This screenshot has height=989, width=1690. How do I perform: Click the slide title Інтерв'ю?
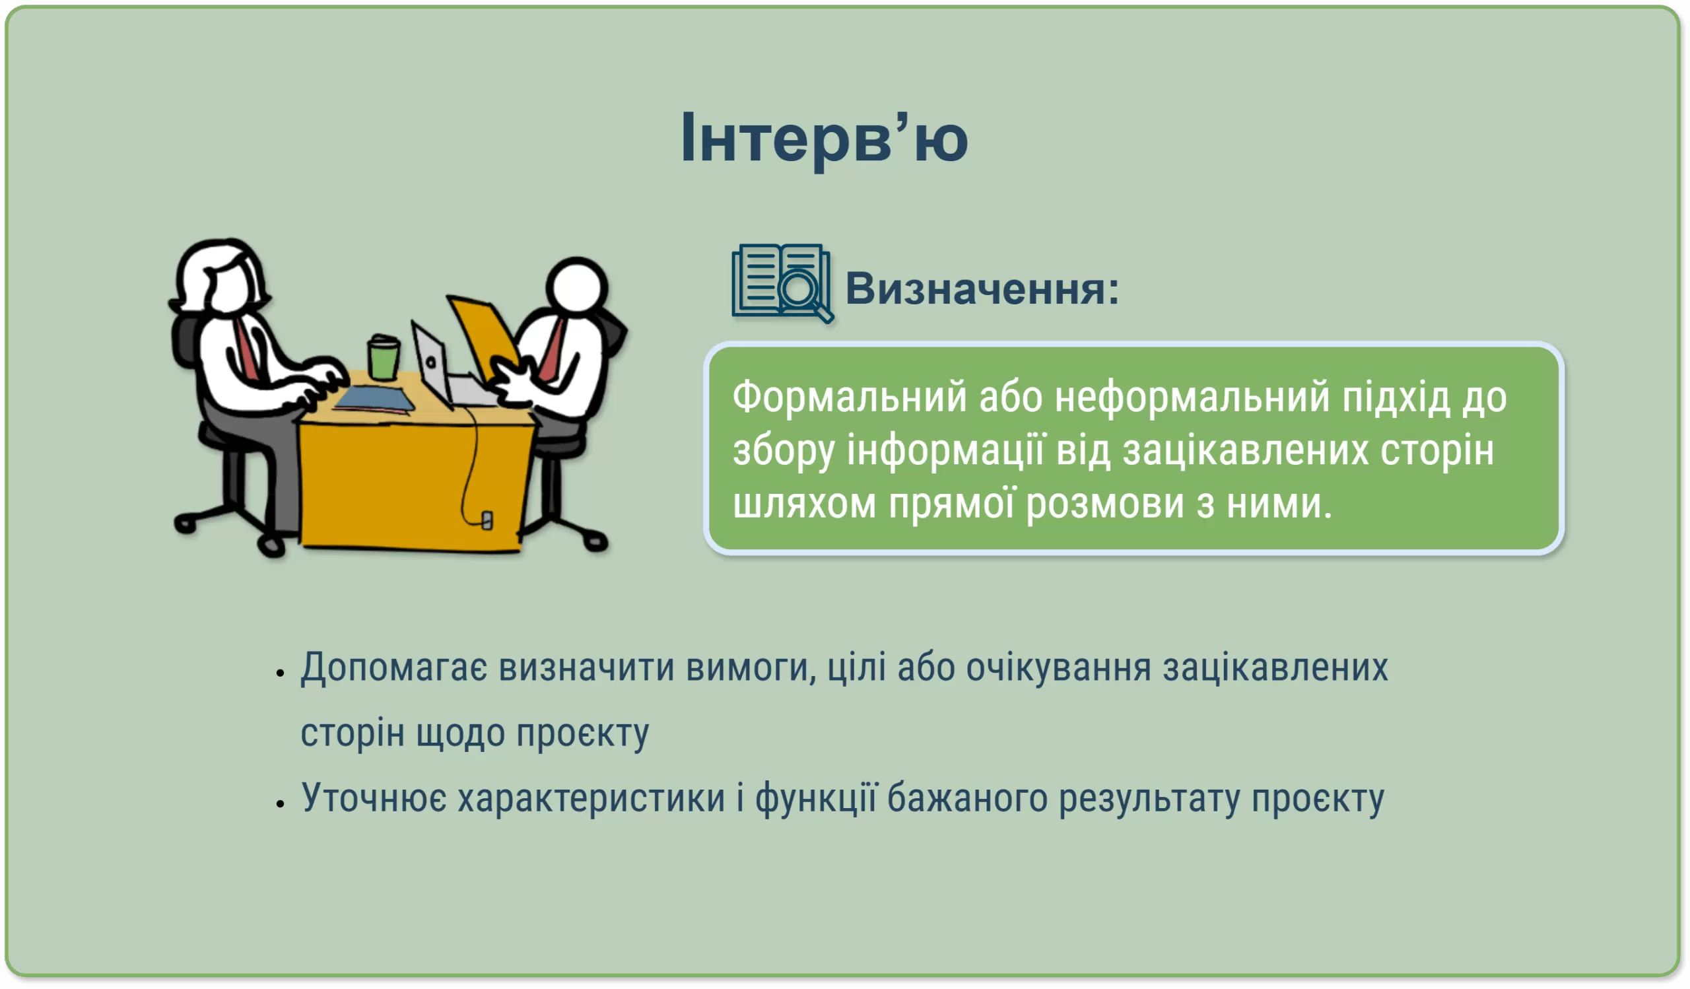coord(825,139)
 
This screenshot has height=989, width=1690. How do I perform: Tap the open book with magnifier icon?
coord(783,283)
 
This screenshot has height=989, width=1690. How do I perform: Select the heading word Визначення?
coord(982,289)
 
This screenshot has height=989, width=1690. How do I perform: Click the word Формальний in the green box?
coord(850,396)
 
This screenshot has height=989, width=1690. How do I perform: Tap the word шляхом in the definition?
coord(804,504)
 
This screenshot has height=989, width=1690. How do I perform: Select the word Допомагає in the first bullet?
coord(393,669)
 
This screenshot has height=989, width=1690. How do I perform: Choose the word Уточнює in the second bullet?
coord(374,799)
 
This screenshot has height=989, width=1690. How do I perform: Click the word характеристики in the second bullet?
coord(591,799)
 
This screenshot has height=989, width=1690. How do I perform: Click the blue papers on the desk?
coord(374,398)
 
